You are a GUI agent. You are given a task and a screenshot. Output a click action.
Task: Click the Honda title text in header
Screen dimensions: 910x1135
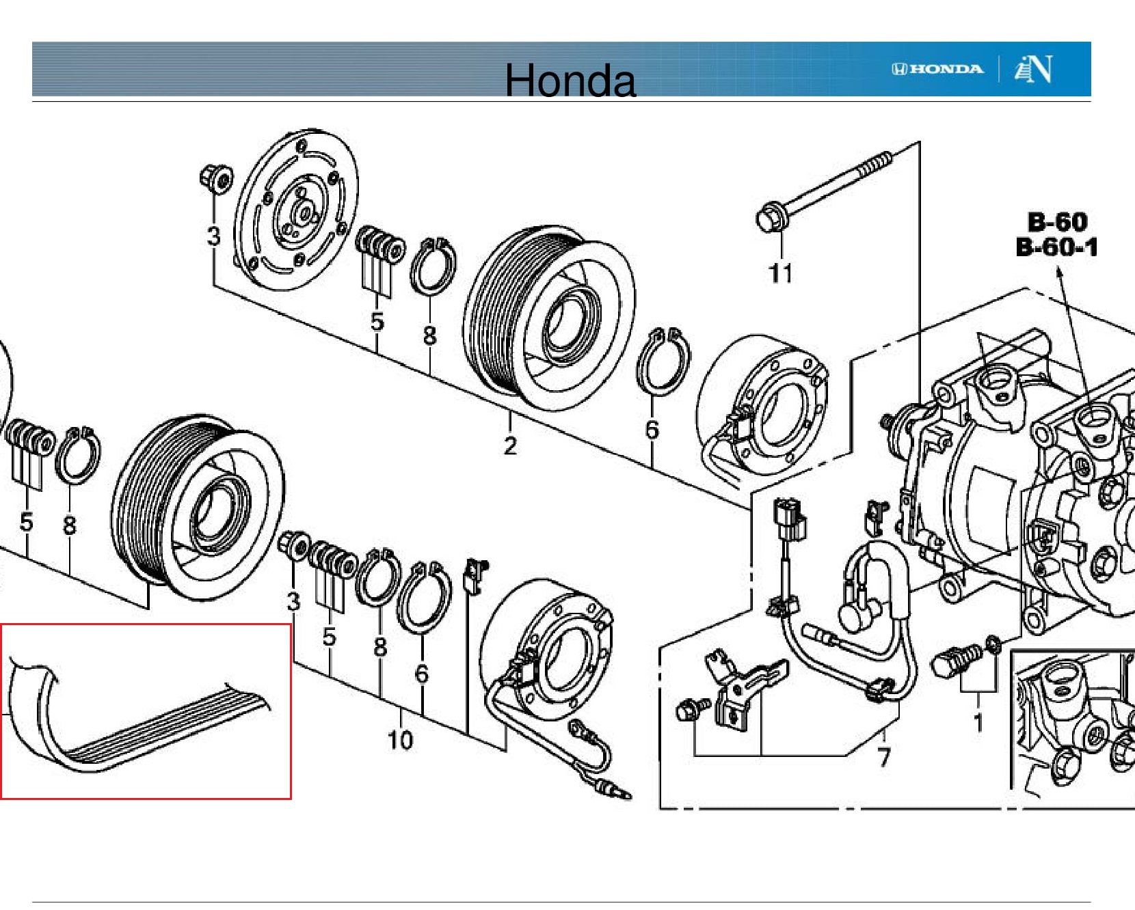coord(570,81)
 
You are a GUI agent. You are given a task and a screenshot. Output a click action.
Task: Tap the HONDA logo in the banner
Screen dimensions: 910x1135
coord(937,69)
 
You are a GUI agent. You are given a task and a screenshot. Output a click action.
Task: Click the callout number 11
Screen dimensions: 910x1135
coord(780,273)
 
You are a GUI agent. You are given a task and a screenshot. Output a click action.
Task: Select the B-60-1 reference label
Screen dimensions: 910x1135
coord(1056,247)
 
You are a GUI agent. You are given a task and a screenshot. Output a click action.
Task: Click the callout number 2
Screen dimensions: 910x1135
coord(510,445)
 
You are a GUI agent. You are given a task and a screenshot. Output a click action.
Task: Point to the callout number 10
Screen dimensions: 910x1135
coord(400,740)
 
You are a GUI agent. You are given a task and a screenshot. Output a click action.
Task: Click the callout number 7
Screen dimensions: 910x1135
coord(883,757)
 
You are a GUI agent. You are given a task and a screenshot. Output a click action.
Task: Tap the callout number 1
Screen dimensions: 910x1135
coord(978,722)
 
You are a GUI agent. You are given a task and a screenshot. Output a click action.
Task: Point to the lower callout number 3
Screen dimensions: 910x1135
coord(293,601)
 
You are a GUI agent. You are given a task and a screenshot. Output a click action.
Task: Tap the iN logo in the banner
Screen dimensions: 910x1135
coord(1033,69)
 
